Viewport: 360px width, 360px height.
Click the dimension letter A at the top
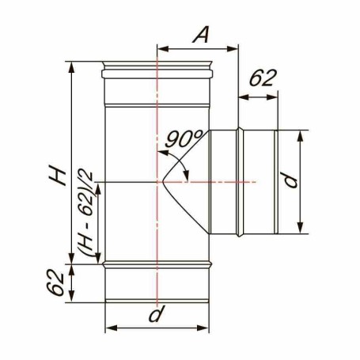pyautogui.click(x=201, y=34)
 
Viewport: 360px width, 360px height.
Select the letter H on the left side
pyautogui.click(x=57, y=174)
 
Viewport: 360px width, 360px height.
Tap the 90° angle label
pyautogui.click(x=184, y=138)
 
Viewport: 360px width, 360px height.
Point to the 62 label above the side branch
pyautogui.click(x=263, y=78)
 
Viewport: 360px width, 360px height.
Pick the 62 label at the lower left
pyautogui.click(x=55, y=282)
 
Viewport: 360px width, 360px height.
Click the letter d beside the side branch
pyautogui.click(x=290, y=180)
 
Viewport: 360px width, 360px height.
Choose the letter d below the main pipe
pyautogui.click(x=157, y=314)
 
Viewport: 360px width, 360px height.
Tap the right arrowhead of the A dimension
pyautogui.click(x=233, y=49)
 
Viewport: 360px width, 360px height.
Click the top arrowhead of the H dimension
pyautogui.click(x=71, y=68)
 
